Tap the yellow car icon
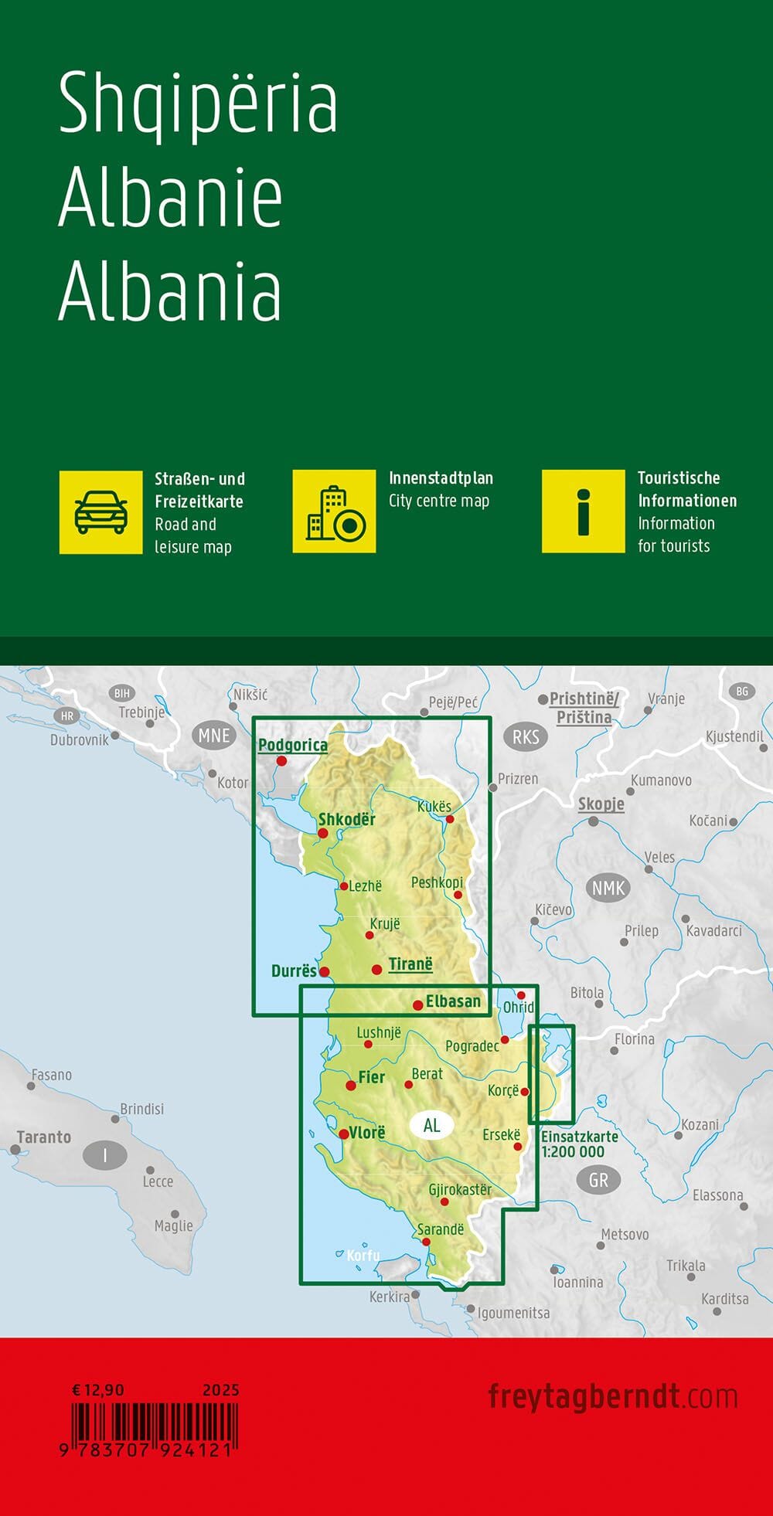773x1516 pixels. point(101,512)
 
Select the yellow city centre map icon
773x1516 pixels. point(334,512)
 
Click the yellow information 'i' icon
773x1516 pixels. point(583,512)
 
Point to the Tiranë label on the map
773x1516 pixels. point(410,964)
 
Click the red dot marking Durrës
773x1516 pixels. point(325,972)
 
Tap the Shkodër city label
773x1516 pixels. point(347,819)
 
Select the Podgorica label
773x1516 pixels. point(293,745)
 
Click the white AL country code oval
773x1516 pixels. point(431,1125)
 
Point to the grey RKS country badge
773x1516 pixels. point(526,736)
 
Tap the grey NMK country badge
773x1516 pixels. point(608,888)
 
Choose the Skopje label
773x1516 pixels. point(601,804)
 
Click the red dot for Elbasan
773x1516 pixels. point(418,1004)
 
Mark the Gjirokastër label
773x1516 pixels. point(460,1189)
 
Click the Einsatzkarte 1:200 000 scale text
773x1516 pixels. point(579,1144)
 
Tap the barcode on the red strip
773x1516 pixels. point(155,1423)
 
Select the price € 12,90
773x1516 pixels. point(98,1390)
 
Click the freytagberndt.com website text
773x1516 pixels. point(612,1396)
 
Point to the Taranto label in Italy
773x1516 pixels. point(44,1137)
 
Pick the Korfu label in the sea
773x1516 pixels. point(363,1255)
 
